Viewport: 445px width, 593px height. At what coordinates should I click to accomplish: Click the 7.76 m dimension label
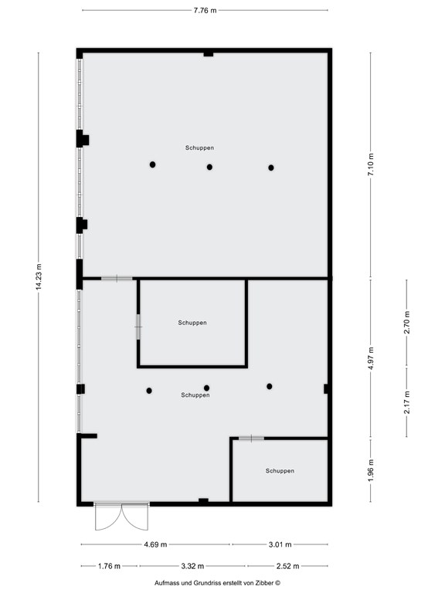point(205,11)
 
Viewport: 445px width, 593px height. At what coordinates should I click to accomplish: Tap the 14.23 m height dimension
point(39,277)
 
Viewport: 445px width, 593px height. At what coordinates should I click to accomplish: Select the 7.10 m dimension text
point(371,164)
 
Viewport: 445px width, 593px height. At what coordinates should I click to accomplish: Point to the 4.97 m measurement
point(371,358)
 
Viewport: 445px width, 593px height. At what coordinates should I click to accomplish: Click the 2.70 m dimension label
point(407,322)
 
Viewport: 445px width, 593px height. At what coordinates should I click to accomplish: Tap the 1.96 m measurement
point(371,470)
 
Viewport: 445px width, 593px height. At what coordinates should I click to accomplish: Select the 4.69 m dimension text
point(155,544)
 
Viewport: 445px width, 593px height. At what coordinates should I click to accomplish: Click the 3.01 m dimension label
point(280,544)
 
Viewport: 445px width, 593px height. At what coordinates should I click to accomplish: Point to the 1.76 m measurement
point(109,566)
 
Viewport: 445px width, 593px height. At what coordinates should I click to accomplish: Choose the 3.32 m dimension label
point(192,566)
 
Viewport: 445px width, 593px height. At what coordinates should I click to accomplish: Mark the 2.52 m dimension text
point(287,566)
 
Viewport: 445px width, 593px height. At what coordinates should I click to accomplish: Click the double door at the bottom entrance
point(121,517)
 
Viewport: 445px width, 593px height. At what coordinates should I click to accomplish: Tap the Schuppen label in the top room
point(199,148)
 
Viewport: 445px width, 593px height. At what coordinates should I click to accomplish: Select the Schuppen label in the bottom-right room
point(280,471)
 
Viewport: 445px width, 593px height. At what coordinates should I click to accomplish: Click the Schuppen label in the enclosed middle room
point(192,323)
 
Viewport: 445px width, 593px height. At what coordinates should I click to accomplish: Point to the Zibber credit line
point(218,583)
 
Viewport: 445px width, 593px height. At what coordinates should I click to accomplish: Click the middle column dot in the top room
point(209,167)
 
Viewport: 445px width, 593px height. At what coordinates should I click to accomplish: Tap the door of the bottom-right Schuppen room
point(251,439)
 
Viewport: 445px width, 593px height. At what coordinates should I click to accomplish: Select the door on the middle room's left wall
point(138,327)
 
